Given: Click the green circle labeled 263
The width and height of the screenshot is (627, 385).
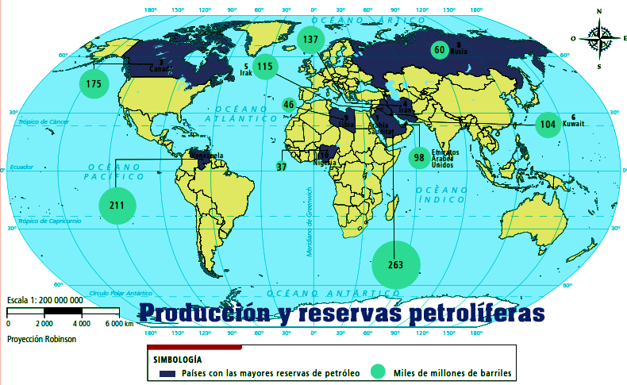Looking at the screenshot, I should coord(396,264).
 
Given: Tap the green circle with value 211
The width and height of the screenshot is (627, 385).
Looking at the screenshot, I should coord(117,206).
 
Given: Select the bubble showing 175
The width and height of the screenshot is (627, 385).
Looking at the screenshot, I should coord(94,83).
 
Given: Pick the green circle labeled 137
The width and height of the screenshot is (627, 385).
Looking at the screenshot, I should coord(310,39).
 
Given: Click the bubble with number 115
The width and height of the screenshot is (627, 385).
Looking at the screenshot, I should coord(265,67).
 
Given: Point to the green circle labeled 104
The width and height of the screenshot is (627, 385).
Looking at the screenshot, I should coord(548,125).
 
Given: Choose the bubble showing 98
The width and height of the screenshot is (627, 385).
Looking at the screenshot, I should coord(418,157).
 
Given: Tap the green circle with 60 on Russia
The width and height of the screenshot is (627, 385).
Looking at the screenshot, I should coord(439,49).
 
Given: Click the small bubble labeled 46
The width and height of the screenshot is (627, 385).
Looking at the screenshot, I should coord(289,105).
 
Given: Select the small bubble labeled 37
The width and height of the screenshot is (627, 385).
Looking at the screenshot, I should coord(281,167).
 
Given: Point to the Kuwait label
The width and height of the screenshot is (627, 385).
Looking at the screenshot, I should coord(573,125).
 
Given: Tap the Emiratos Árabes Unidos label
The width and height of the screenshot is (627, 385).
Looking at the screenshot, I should coord(444,158).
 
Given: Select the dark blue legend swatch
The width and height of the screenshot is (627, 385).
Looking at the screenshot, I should coord(167,372).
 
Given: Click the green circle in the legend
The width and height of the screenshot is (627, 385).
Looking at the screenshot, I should coord(379,372).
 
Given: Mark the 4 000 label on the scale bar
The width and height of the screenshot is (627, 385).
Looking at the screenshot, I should coord(80,324).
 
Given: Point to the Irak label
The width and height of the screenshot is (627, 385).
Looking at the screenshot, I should coord(245,73).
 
